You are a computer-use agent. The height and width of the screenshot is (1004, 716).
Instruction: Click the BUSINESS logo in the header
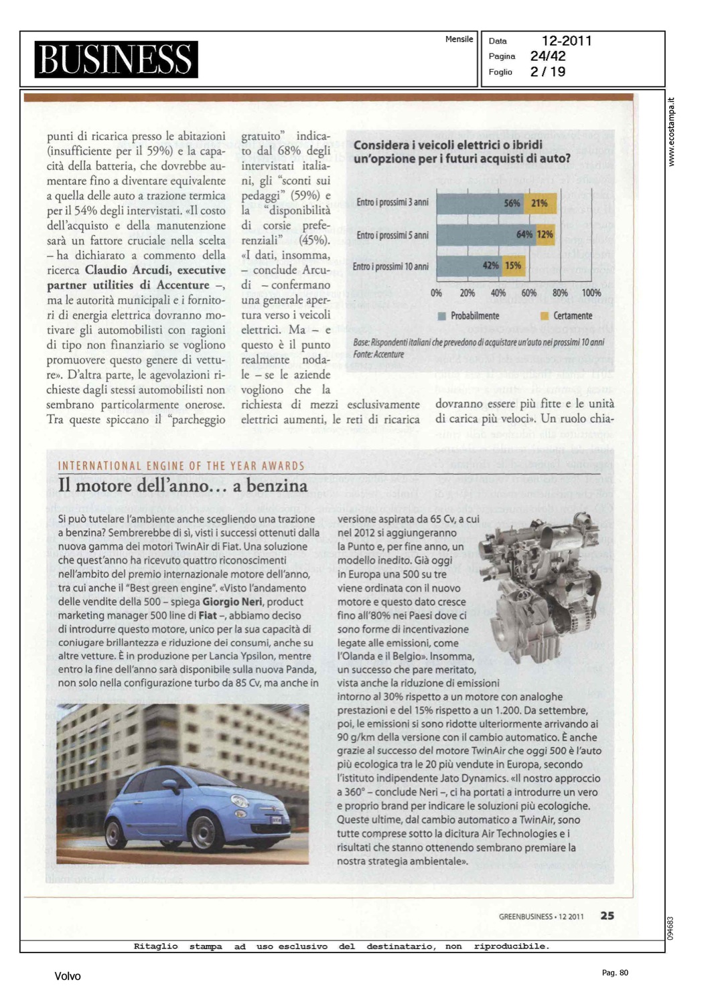(x=116, y=59)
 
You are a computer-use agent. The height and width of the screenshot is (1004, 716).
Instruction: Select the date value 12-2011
(x=567, y=41)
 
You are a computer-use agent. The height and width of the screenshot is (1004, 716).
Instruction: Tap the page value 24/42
(x=548, y=56)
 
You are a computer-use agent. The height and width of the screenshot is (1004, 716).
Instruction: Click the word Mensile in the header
(x=459, y=39)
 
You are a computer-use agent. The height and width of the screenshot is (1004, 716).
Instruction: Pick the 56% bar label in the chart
(x=512, y=203)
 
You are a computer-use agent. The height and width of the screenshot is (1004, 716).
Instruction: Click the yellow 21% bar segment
(x=539, y=203)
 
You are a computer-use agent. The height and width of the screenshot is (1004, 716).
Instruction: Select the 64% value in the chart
(x=524, y=235)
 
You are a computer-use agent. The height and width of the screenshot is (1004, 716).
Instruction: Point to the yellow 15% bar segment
(x=513, y=266)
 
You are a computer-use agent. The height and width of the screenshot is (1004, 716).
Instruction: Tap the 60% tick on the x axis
(x=529, y=293)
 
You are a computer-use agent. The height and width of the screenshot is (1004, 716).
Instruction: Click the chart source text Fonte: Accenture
(x=378, y=354)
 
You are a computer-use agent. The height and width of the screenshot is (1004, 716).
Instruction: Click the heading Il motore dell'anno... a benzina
(x=183, y=486)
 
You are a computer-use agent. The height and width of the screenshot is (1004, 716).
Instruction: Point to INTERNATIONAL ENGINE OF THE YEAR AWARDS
(x=181, y=466)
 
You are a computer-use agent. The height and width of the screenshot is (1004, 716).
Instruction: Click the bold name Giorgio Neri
(x=232, y=602)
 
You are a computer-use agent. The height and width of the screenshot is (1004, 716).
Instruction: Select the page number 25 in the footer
(x=607, y=916)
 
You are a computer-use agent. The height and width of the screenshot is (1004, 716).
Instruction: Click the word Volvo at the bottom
(x=68, y=977)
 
